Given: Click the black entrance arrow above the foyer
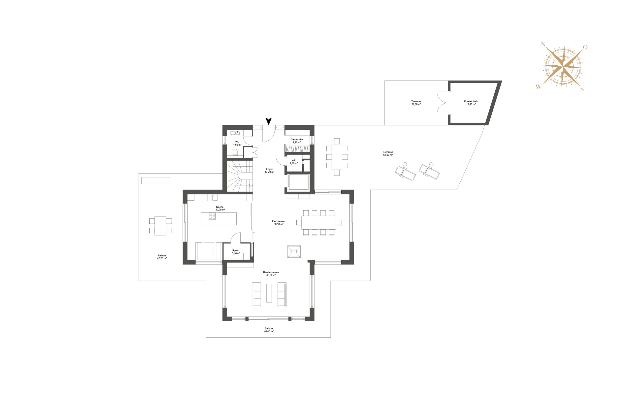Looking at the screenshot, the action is [268, 121].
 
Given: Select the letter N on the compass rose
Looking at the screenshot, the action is [543, 45].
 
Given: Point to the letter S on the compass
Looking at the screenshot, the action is [582, 89].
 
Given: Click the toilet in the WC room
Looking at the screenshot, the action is [235, 152].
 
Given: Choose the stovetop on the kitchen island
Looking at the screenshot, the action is [212, 216].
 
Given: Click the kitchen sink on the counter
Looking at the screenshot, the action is [215, 198].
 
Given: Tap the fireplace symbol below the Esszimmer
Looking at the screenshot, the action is [294, 251].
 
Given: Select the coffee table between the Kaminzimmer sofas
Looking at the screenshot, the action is [269, 293].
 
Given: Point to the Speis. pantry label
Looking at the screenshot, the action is [236, 250].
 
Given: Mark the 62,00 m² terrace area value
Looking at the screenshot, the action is [388, 155].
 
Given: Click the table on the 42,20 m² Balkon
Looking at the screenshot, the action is [160, 226].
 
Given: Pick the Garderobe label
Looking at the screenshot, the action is [297, 139].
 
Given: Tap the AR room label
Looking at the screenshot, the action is [294, 160].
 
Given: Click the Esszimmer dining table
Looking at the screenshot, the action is [318, 222].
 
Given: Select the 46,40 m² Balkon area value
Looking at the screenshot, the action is [269, 331].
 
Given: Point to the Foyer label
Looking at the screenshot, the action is [269, 169].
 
